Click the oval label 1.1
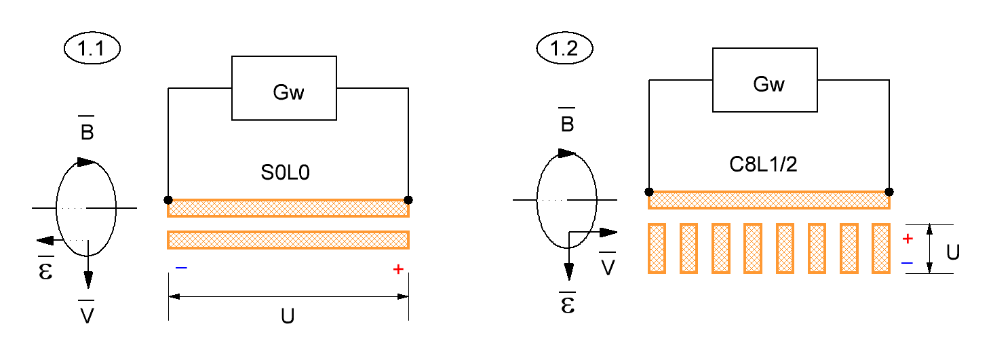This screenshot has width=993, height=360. point(92,48)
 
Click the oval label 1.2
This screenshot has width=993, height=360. point(564,48)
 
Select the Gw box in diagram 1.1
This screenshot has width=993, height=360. point(284,87)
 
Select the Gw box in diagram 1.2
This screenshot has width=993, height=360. point(764,80)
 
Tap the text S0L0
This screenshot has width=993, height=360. point(285,172)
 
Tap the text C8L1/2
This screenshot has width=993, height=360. point(763,165)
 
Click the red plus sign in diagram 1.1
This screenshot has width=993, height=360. point(398,269)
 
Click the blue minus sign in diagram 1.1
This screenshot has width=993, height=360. point(181,268)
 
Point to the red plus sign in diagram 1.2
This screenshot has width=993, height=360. point(908,239)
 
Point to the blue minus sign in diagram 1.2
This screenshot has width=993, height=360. point(907,263)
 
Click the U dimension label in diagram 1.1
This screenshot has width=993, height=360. point(288,317)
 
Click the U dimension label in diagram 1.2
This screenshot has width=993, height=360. point(953,252)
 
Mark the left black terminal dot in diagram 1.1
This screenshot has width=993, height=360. point(168,200)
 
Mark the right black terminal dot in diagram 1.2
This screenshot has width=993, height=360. point(889,192)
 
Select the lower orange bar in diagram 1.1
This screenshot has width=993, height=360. point(288,240)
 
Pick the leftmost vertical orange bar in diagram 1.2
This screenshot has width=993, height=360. point(657,248)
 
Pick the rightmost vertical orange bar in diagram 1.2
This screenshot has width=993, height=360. point(881,248)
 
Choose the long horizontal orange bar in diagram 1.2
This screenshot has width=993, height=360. point(769,200)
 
